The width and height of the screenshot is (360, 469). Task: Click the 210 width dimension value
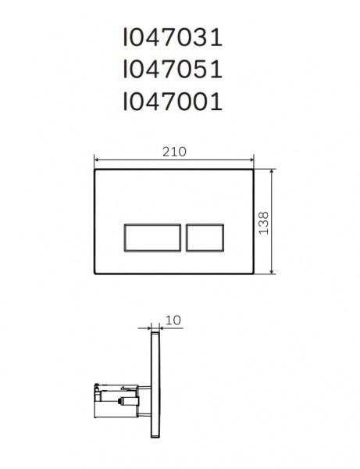[174, 153]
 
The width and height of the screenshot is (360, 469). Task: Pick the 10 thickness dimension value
[173, 320]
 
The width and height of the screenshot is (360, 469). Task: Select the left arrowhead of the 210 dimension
[96, 165]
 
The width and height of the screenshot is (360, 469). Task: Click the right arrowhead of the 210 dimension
[254, 165]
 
